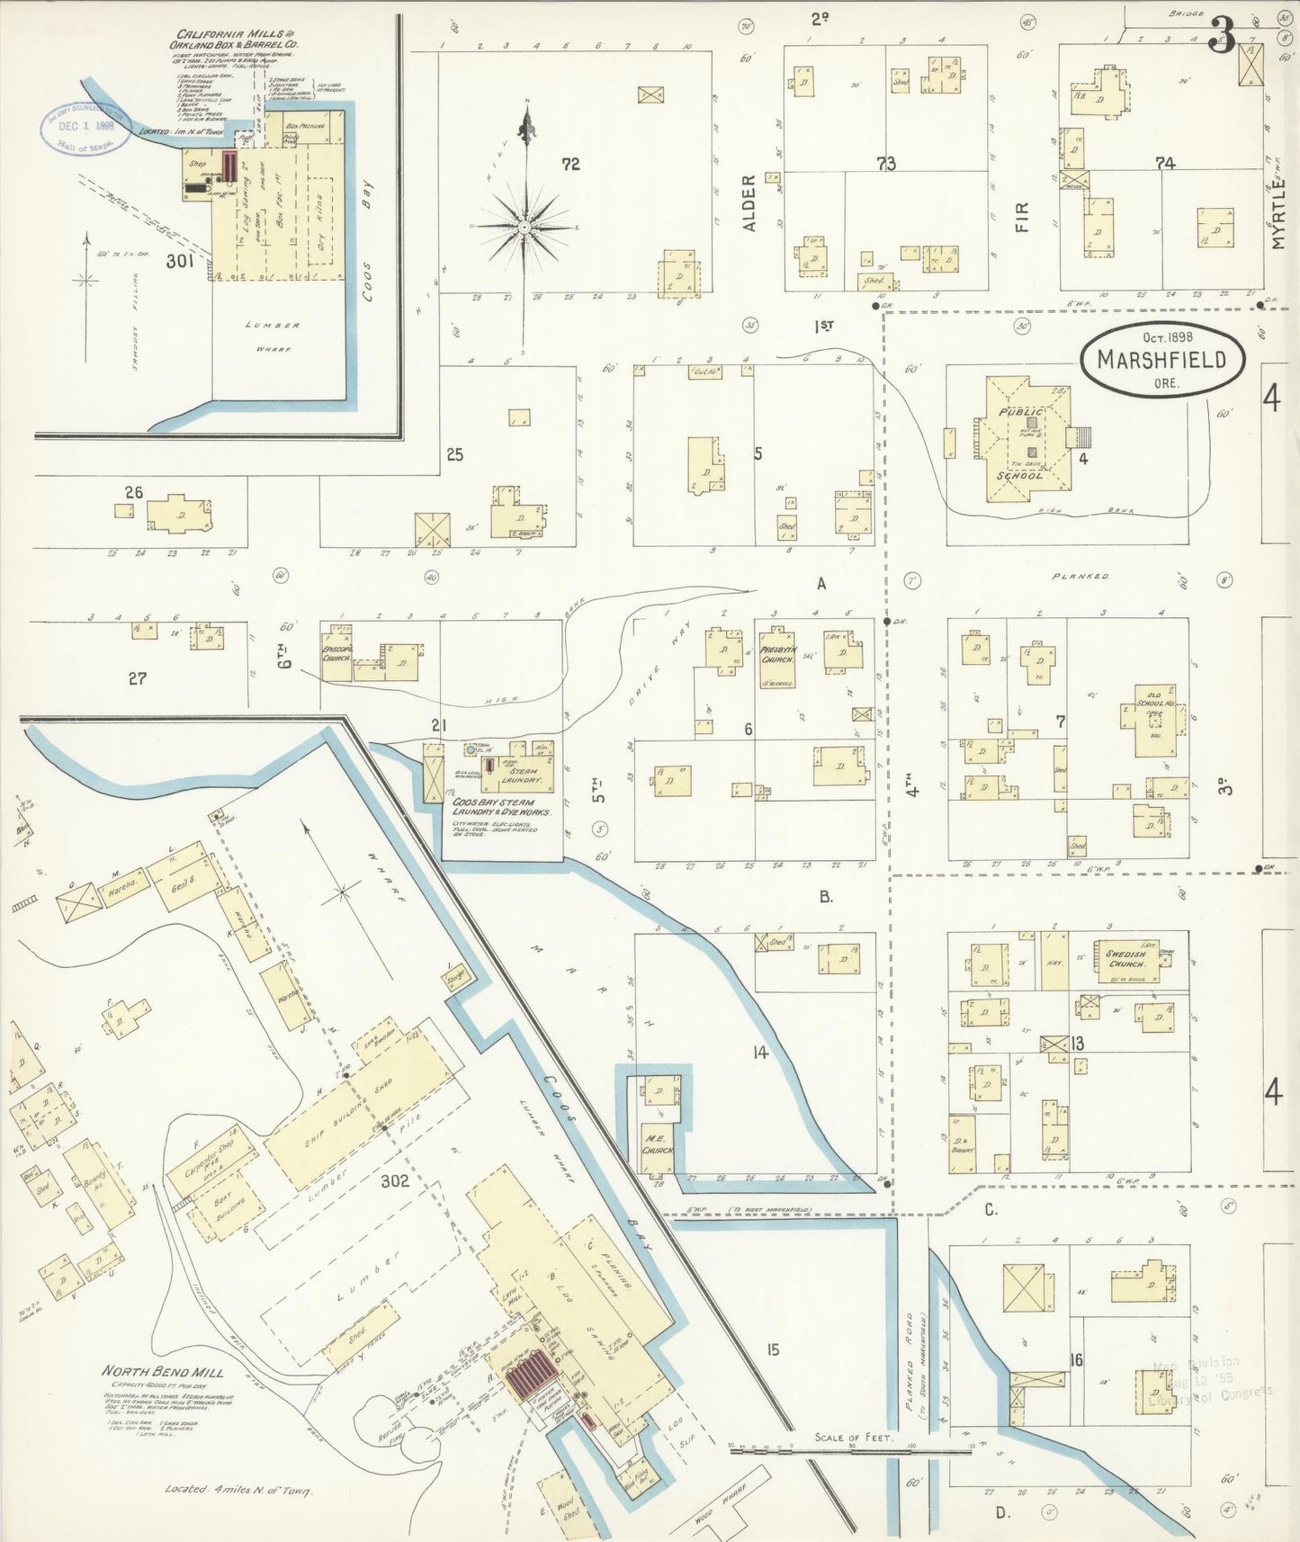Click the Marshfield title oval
(1163, 360)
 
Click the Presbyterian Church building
(775, 654)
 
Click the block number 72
(570, 164)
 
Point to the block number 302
(394, 1180)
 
